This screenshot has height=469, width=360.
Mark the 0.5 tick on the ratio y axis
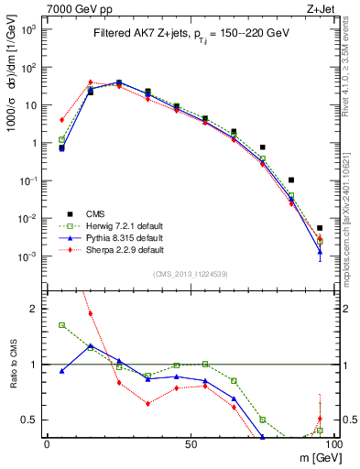click(x=31, y=420)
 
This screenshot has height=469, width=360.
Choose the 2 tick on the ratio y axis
click(x=35, y=309)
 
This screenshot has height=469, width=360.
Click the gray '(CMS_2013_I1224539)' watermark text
click(x=190, y=273)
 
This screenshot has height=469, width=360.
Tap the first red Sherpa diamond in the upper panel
click(x=61, y=120)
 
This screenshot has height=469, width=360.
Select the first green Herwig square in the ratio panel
click(x=61, y=325)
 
